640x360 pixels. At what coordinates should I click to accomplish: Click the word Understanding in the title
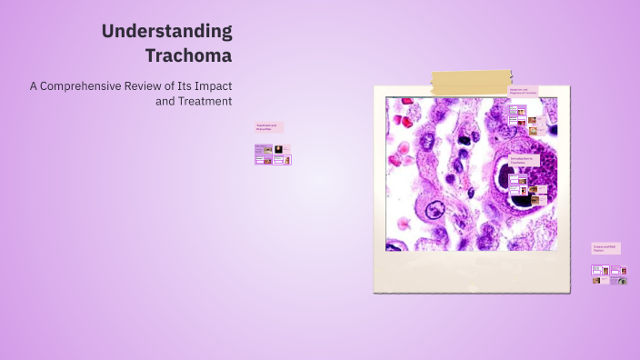tap(166, 31)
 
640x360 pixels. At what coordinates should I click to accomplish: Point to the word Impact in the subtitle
tap(210, 85)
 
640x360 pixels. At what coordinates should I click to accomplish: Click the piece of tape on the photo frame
tap(470, 83)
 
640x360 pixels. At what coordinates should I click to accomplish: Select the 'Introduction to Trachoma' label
tap(524, 159)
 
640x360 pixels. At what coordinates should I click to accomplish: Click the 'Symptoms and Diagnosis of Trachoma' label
tap(523, 91)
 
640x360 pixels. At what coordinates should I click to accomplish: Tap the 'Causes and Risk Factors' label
tap(606, 247)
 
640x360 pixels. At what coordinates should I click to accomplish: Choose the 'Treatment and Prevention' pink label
tap(269, 127)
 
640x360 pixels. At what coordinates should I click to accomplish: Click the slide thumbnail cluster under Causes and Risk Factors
tap(609, 275)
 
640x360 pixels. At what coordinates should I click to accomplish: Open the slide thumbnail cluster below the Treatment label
tap(273, 155)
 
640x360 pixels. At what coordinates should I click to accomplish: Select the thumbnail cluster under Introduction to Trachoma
tap(528, 185)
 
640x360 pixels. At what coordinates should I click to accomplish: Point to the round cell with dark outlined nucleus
tap(431, 211)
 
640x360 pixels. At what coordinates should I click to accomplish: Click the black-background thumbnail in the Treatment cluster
tap(277, 149)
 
